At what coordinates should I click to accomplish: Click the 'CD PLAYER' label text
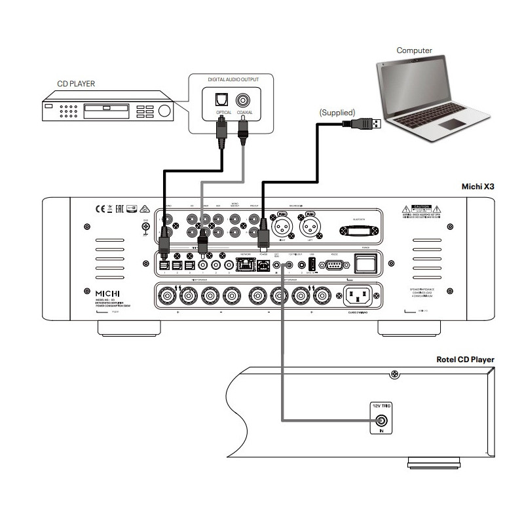pyautogui.click(x=75, y=83)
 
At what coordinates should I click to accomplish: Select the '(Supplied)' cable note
pyautogui.click(x=337, y=112)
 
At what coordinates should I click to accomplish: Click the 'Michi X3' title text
pyautogui.click(x=478, y=186)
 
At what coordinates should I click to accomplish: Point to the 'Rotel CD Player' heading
pyautogui.click(x=465, y=360)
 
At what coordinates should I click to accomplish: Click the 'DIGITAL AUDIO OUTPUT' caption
pyautogui.click(x=233, y=79)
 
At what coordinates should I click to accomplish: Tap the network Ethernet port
pyautogui.click(x=245, y=265)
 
